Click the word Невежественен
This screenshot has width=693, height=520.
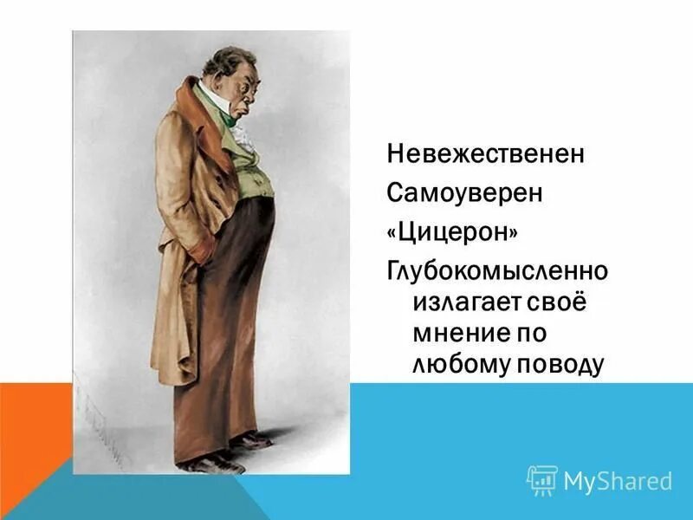pyautogui.click(x=485, y=154)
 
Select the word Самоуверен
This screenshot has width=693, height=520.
pyautogui.click(x=464, y=192)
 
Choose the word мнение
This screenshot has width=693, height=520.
pyautogui.click(x=461, y=333)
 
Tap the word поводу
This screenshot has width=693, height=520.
pyautogui.click(x=560, y=364)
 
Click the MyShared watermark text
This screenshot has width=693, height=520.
pyautogui.click(x=618, y=481)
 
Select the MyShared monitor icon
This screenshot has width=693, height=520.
pyautogui.click(x=542, y=480)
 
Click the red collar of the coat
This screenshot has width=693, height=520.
pyautogui.click(x=195, y=113)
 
